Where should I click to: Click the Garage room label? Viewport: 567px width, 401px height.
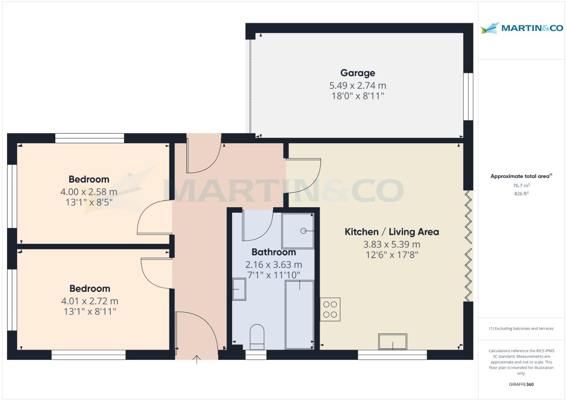coord(358,73)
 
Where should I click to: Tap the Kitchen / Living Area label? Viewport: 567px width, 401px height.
coord(392,232)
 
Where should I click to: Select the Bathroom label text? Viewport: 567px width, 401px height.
coord(274,252)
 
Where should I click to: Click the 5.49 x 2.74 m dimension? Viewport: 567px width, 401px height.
coord(358,85)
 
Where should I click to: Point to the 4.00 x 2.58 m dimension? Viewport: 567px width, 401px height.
coord(89,192)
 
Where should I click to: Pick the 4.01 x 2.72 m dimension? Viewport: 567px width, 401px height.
coord(89,301)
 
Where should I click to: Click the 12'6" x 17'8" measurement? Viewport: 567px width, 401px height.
coord(392,255)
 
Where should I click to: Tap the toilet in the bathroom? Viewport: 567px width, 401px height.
coord(257,337)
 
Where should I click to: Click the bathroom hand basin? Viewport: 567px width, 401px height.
coord(239,289)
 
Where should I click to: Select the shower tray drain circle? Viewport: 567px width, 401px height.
coord(303,231)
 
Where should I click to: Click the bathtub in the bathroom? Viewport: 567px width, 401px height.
coord(299,314)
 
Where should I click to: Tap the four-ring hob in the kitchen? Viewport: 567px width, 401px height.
coord(330,310)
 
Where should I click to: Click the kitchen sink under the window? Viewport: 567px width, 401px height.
coord(392,342)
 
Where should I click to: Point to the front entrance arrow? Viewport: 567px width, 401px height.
coord(196,359)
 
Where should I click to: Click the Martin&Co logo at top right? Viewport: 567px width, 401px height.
coord(521,28)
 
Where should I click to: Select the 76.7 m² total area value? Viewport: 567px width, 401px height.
coord(521,185)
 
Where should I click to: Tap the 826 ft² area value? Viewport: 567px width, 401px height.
coord(521,193)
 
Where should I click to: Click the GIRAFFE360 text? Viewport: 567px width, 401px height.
coord(521,384)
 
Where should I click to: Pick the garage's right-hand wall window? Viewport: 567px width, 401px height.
coord(468,97)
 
